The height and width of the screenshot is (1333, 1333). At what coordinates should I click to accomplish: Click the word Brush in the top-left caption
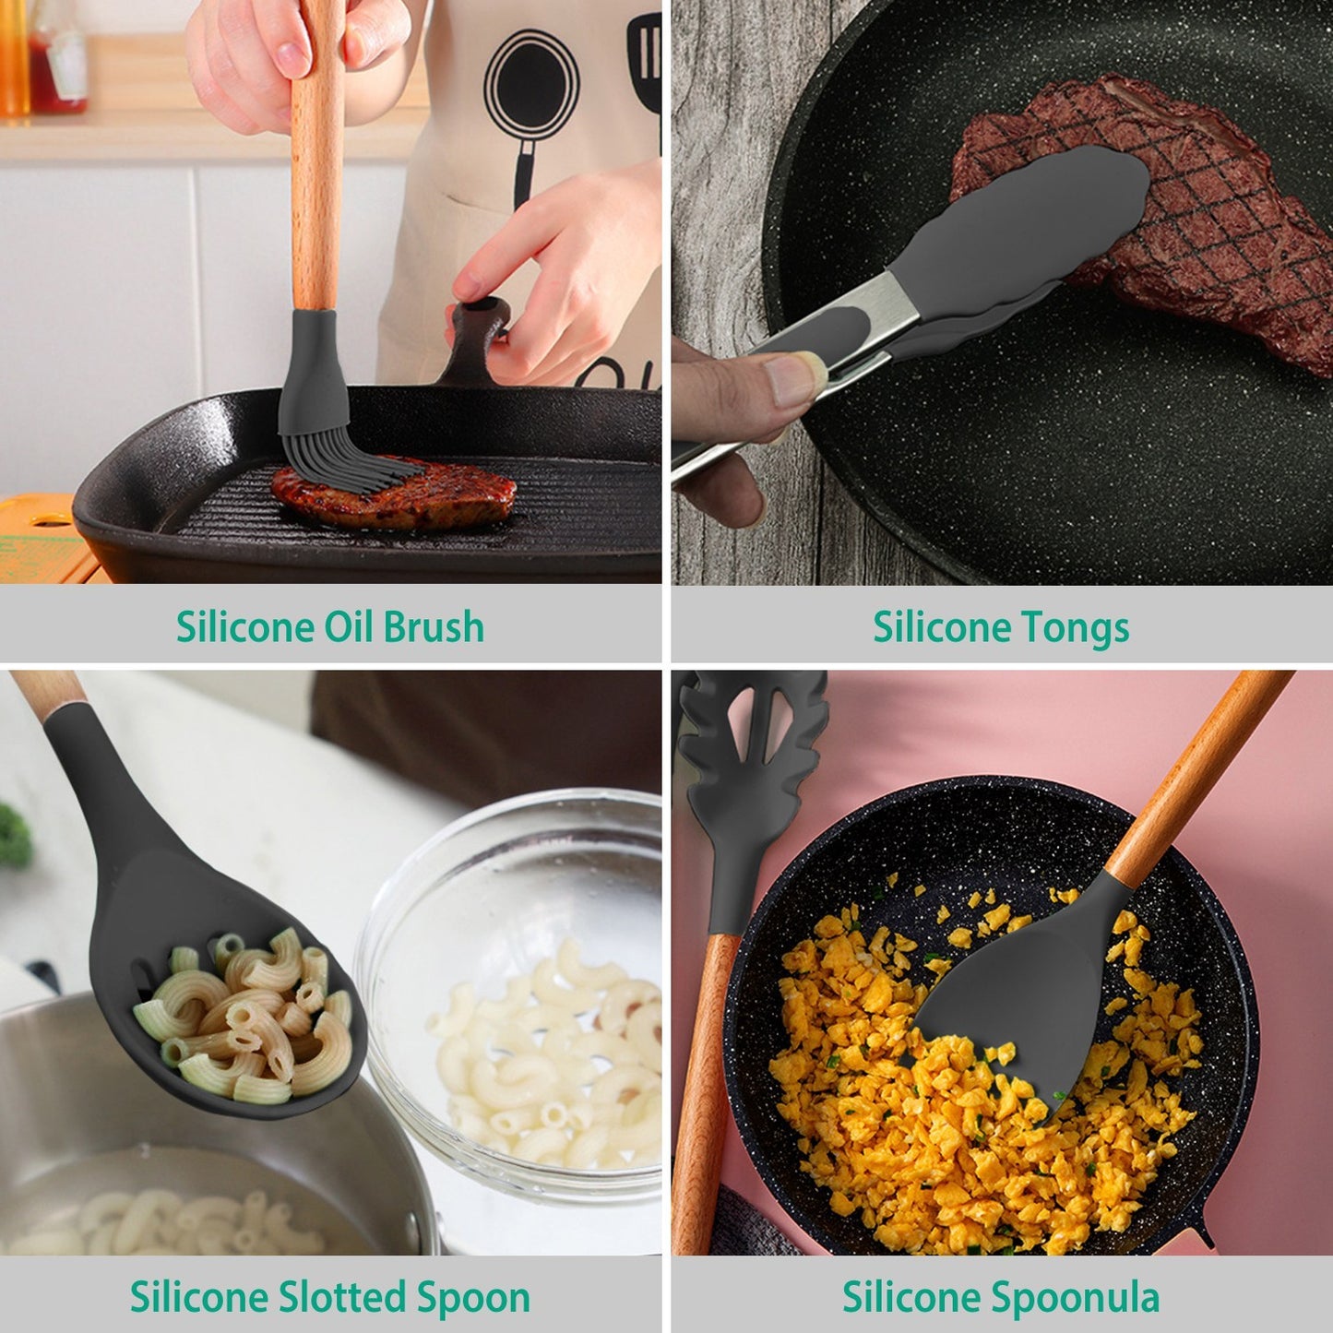pos(433,627)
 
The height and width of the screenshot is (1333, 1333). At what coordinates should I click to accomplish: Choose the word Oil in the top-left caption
pos(349,627)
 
